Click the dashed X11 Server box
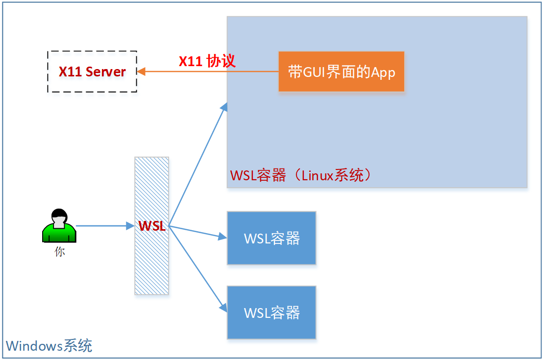92,72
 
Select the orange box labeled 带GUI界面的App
342,72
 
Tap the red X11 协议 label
207,61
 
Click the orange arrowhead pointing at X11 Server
141,72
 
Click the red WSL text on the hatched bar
152,226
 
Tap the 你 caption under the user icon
59,252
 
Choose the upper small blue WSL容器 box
271,238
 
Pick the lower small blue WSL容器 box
271,312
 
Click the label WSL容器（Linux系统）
300,175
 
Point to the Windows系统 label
49,346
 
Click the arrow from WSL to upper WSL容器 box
196,232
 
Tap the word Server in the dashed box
105,72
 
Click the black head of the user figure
59,216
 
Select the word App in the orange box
383,72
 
